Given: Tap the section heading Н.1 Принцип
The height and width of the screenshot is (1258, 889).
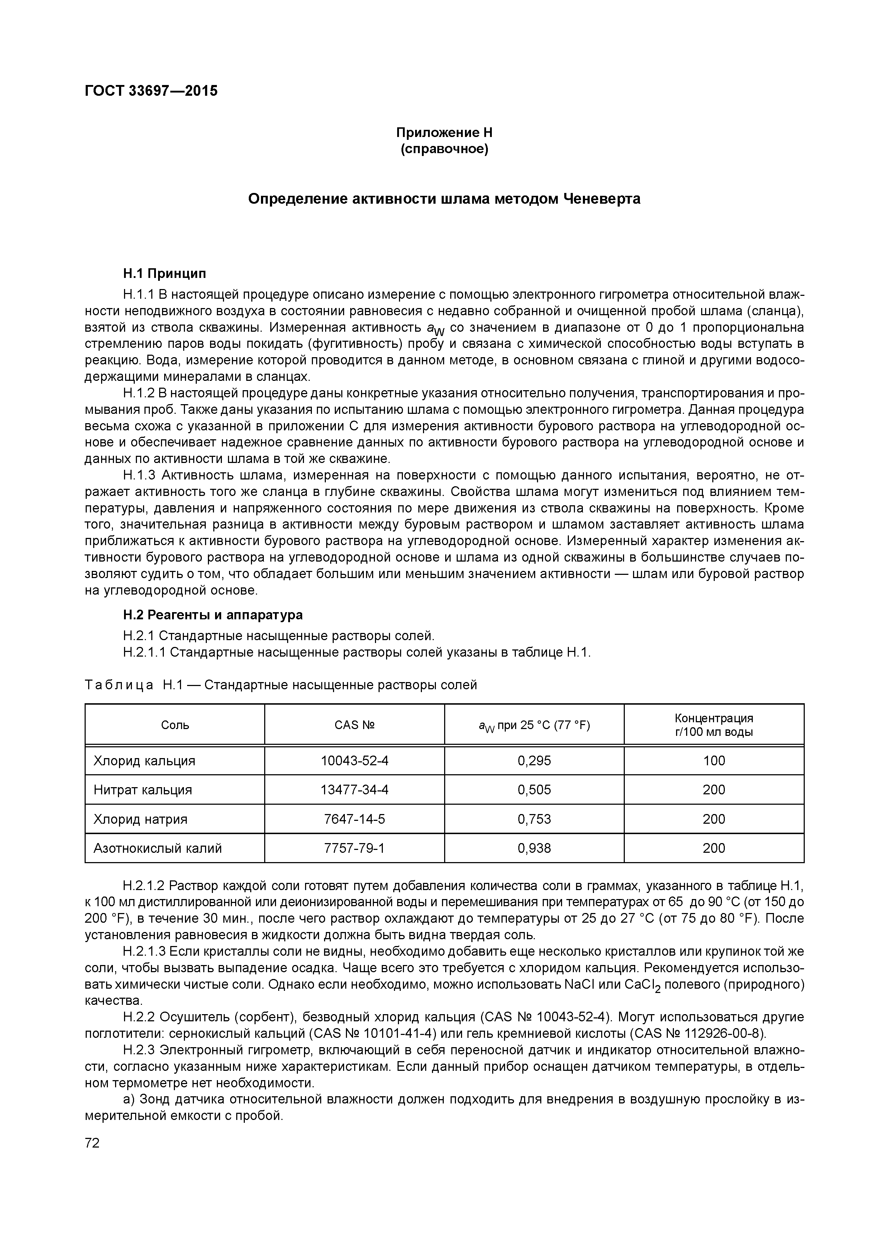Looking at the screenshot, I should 164,273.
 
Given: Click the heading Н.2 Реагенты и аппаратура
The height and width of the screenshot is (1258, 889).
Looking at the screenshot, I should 213,614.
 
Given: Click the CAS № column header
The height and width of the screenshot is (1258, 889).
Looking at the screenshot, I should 355,725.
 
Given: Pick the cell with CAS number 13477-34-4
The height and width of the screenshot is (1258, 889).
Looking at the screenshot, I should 355,790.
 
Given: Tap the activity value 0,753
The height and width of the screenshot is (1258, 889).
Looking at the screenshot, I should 534,819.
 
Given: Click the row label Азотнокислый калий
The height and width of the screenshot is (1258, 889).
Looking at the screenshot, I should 158,848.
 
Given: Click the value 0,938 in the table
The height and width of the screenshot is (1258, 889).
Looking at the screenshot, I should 534,848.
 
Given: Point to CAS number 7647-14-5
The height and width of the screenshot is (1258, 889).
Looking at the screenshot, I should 355,819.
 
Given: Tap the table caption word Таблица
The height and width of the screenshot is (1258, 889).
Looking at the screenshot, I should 119,685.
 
